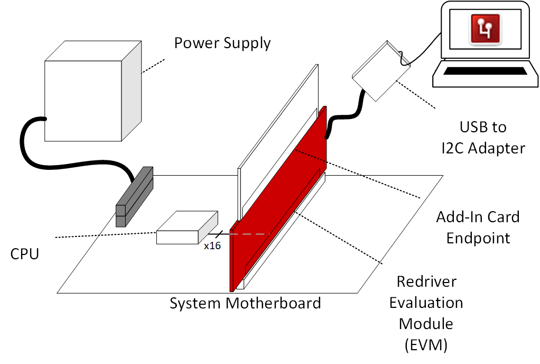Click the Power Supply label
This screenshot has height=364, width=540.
tap(222, 43)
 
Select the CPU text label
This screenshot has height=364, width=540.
tap(24, 254)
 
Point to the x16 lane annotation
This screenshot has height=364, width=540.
tap(212, 245)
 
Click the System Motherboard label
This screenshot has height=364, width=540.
tap(245, 303)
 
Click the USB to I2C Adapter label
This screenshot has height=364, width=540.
tap(483, 138)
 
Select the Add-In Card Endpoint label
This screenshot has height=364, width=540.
tap(478, 227)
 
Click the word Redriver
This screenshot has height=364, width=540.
tap(426, 281)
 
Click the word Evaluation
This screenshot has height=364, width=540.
tap(426, 303)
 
